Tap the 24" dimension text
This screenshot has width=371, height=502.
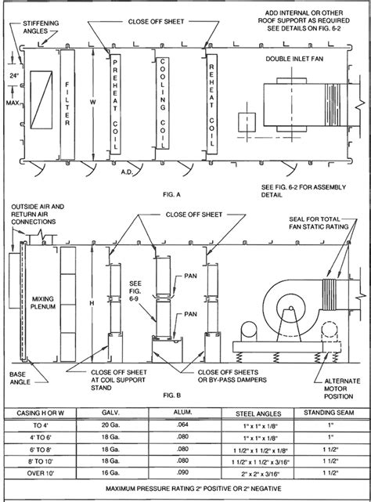(x=13, y=76)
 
